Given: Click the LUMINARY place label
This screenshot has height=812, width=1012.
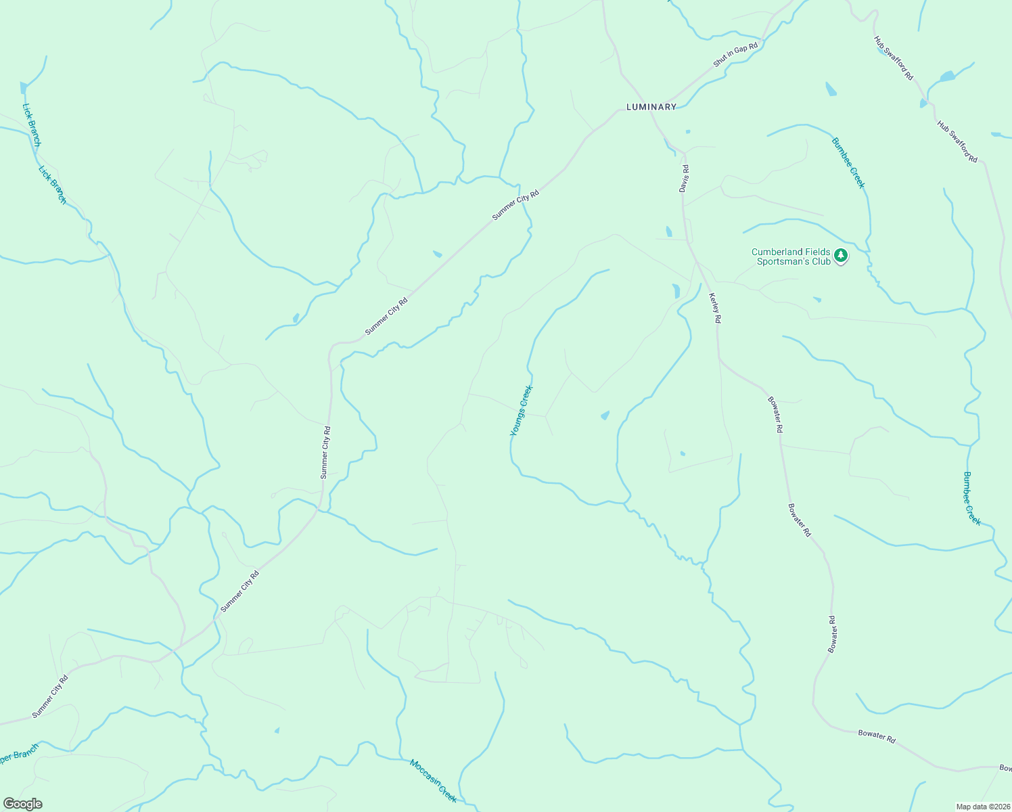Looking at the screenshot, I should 651,107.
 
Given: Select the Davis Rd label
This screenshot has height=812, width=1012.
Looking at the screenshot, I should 685,179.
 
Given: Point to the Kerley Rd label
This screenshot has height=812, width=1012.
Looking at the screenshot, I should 715,307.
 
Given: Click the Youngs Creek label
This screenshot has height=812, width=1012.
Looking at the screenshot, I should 522,411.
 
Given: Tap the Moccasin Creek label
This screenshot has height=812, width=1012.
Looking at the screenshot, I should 434,781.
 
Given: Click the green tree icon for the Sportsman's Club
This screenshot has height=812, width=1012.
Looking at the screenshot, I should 841,255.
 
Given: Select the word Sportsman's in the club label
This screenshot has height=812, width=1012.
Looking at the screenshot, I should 784,261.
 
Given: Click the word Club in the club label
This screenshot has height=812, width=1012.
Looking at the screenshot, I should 821,261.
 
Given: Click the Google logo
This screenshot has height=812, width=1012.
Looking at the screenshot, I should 22,804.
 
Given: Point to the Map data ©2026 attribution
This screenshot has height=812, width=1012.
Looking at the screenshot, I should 982,807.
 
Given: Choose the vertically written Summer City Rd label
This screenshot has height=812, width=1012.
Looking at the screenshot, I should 325,452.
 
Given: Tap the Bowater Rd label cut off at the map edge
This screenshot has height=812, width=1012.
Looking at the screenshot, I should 1005,768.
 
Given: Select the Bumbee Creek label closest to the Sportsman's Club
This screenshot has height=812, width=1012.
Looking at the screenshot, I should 848,163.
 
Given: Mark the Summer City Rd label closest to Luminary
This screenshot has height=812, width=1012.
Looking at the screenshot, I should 515,205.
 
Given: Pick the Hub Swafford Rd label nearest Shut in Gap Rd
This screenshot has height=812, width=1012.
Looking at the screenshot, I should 894,59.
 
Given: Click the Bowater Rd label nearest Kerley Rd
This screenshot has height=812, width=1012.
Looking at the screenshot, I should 775,415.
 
